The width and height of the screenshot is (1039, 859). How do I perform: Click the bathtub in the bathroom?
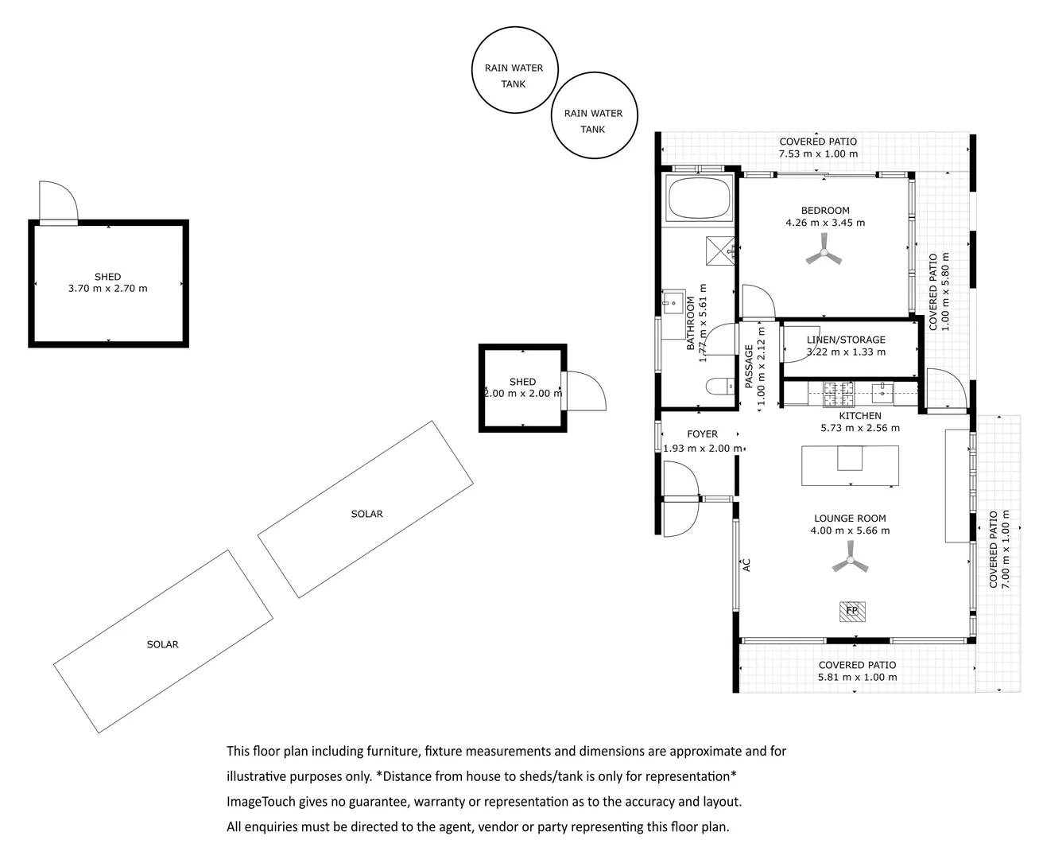[x=699, y=198]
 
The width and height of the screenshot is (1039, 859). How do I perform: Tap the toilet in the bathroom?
[x=720, y=386]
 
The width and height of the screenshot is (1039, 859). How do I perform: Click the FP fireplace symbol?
[x=852, y=612]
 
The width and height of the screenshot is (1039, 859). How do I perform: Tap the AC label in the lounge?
[x=746, y=566]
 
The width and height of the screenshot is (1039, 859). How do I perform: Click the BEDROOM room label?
[x=825, y=211]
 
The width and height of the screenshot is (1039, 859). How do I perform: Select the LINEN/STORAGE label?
[x=846, y=340]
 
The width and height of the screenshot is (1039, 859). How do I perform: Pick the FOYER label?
[x=702, y=434]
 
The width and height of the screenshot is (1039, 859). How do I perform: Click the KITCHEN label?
[x=860, y=416]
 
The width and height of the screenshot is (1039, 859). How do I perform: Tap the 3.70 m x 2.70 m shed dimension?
[x=108, y=289]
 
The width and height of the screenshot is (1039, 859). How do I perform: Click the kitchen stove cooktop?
[x=838, y=394]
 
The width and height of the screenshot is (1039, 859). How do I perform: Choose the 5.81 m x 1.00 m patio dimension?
[x=858, y=677]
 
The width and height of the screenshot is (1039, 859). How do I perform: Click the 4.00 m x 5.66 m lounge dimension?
[x=850, y=531]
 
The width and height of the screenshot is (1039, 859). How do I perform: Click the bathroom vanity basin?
[x=673, y=302]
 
